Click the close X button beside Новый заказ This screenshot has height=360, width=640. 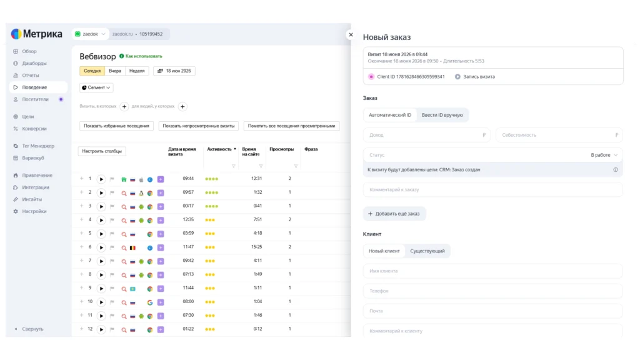[351, 35]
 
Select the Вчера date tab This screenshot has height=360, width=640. [115, 71]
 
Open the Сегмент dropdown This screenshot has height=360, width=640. [96, 87]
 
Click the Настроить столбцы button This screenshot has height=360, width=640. [102, 151]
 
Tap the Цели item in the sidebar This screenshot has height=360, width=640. [27, 117]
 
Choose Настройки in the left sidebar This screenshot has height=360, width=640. [34, 211]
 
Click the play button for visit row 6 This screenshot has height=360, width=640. [101, 247]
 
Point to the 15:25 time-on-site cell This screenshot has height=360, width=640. [257, 247]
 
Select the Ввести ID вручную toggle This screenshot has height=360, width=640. [442, 115]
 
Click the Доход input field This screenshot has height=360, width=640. [426, 135]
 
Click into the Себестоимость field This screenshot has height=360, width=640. [559, 135]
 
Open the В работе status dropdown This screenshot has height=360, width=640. [604, 155]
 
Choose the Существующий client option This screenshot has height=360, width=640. [427, 251]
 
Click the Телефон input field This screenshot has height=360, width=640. [492, 291]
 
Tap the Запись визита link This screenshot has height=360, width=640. [475, 77]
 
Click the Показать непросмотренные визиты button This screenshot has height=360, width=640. [199, 126]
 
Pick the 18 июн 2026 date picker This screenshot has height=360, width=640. [174, 71]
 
